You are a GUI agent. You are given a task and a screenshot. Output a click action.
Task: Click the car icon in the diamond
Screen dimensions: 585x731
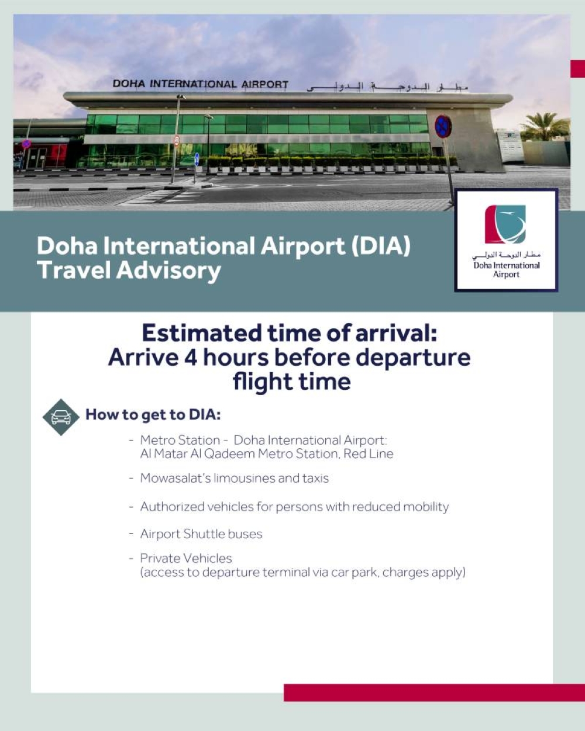point(61,417)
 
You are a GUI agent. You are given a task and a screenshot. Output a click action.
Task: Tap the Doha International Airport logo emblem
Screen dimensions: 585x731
point(505,224)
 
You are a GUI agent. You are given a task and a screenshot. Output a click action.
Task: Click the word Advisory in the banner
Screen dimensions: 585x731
point(168,271)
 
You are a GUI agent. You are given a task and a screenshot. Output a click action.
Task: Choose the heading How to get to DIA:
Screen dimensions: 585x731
point(153,415)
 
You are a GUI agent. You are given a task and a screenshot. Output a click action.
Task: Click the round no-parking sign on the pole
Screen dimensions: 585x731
point(443,126)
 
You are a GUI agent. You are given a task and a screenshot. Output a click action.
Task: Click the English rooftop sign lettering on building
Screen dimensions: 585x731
point(201,84)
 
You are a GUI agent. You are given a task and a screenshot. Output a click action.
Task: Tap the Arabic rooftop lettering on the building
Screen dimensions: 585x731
point(387,87)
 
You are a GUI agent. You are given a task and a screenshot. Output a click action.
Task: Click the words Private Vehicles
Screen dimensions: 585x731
point(186,558)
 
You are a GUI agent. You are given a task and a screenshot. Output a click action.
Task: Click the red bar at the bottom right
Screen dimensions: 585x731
point(434,692)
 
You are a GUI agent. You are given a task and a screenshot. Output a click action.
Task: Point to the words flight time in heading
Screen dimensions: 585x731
point(292,381)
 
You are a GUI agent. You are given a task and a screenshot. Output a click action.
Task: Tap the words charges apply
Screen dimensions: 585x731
point(424,573)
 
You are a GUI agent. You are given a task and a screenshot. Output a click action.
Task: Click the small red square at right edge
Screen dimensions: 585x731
point(577,68)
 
